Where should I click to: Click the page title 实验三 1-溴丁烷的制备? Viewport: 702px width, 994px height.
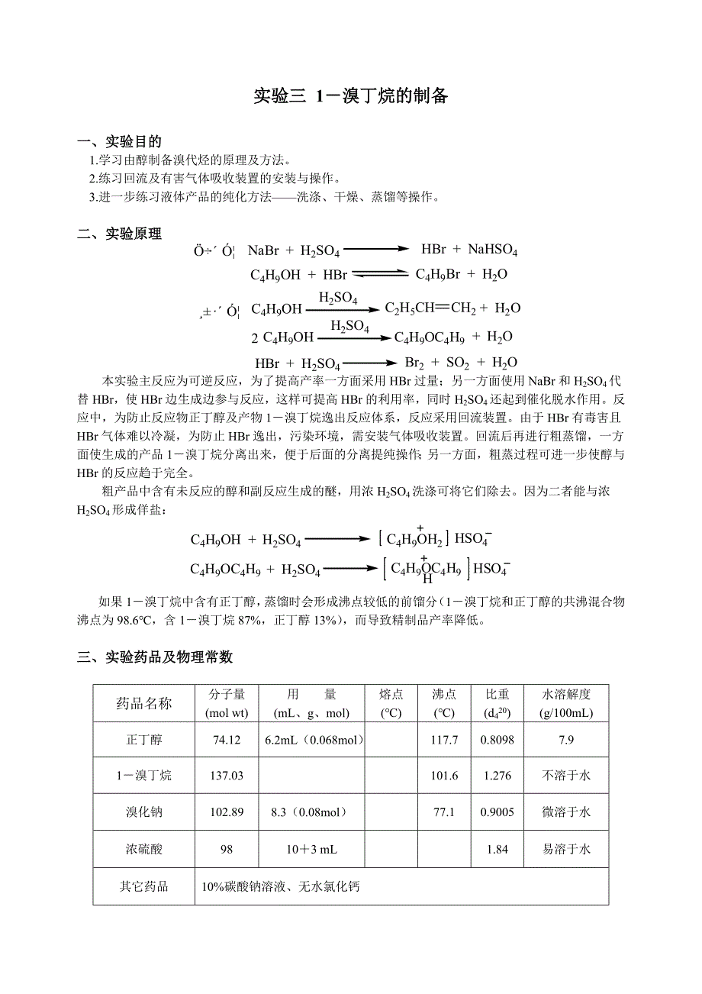tap(350, 96)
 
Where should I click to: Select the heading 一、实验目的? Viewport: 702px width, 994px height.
tap(120, 142)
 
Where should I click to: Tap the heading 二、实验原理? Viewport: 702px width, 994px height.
tap(120, 234)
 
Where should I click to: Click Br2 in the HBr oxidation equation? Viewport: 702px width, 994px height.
tap(414, 363)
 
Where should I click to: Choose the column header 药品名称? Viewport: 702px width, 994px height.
tap(144, 704)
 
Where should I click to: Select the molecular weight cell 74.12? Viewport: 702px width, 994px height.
tap(227, 740)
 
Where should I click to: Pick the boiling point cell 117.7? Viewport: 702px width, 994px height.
tap(444, 740)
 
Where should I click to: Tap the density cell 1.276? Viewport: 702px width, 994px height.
tap(497, 776)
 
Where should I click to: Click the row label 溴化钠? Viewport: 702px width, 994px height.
tap(144, 812)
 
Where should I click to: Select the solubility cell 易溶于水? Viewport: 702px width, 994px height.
tap(566, 849)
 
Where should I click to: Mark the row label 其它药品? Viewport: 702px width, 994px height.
tap(144, 887)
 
